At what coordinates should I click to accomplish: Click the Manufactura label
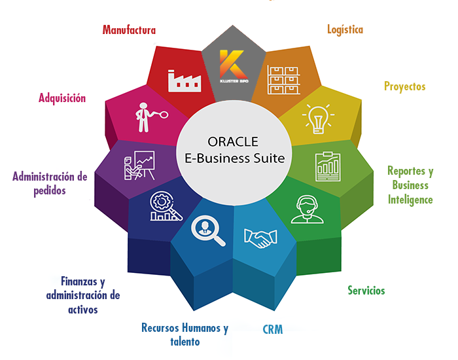129,29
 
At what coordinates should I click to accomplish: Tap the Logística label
345,29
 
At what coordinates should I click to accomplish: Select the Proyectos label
404,86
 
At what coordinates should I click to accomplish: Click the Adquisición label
62,98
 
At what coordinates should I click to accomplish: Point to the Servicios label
366,290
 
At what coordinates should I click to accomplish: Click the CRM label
273,329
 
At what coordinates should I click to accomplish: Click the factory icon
185,80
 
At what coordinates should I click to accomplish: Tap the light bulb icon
318,118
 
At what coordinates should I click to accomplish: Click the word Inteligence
410,199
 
